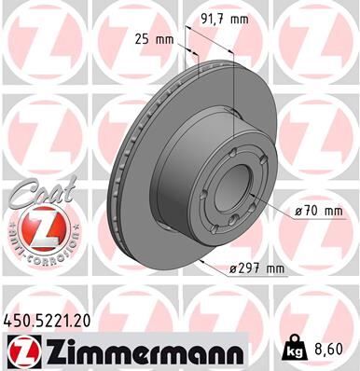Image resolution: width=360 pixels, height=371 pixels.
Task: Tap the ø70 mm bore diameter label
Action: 317,211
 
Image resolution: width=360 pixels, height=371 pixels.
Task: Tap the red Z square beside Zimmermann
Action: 20,349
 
